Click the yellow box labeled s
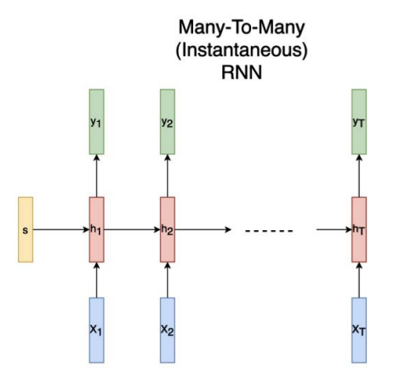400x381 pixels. [x=26, y=230]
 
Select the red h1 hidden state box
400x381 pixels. [x=96, y=230]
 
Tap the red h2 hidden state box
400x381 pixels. [x=167, y=230]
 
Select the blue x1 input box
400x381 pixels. [x=96, y=328]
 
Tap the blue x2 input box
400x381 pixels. [x=167, y=328]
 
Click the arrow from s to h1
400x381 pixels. [x=61, y=230]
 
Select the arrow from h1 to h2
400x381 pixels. [x=132, y=230]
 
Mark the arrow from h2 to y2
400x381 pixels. [x=167, y=175]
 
